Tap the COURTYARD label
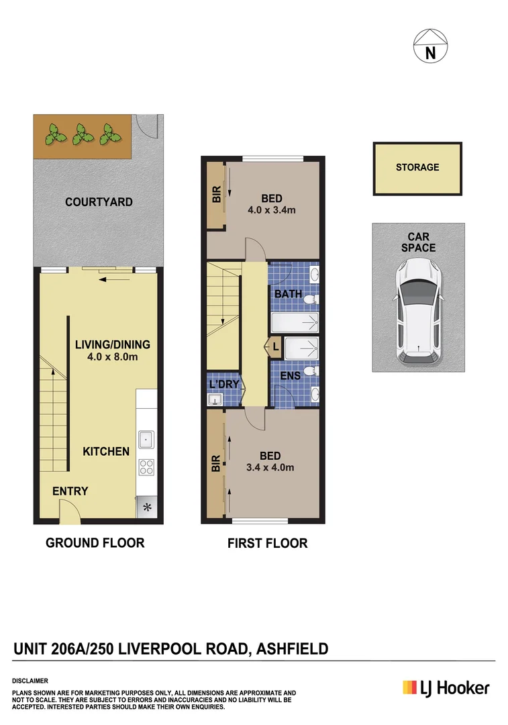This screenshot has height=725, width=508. tap(99, 202)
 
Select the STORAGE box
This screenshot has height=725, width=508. tap(417, 168)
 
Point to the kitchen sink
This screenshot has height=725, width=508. tap(146, 440)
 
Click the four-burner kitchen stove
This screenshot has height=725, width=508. tap(146, 467)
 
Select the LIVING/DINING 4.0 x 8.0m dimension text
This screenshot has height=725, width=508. tap(112, 357)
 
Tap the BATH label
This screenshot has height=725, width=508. tap(287, 295)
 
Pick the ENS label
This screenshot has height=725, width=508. tap(290, 376)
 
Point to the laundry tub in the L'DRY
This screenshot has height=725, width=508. tap(215, 400)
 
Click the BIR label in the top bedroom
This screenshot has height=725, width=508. tap(216, 195)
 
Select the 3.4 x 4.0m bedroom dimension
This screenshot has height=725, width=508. tap(271, 468)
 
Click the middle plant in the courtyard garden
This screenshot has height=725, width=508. tap(82, 134)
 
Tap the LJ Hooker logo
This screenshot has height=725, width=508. tap(446, 688)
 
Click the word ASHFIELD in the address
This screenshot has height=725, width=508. tap(289, 648)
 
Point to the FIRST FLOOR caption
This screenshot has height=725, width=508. tap(267, 543)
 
